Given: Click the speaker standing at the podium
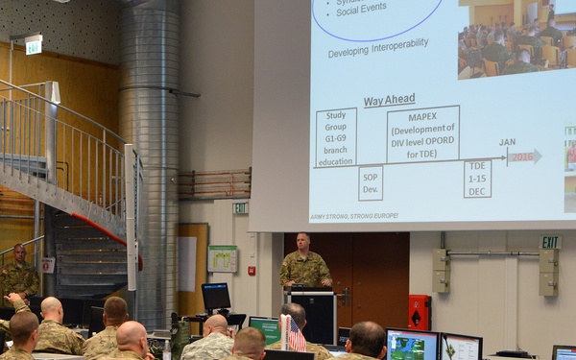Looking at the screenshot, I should point(305,261).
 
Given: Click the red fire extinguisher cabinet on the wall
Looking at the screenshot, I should point(420,311).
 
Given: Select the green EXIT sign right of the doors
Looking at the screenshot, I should point(549,242).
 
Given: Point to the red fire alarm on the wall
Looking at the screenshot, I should point(252,271).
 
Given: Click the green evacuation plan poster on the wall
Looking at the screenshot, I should point(223,258).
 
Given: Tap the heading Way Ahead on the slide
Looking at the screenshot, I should point(389,101).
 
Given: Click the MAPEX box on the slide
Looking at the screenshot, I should point(422,133).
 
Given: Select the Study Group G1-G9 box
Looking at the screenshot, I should point(336,137).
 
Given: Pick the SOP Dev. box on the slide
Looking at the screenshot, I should point(371,182).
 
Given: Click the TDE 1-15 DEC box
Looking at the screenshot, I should point(477,179).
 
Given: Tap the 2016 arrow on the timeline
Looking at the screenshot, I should point(524,156).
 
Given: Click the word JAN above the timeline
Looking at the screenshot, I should point(507,142).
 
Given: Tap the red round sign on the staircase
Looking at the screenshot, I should point(47,264).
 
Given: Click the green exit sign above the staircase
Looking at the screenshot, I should point(34,45).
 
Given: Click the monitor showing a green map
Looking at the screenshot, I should point(412,345).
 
